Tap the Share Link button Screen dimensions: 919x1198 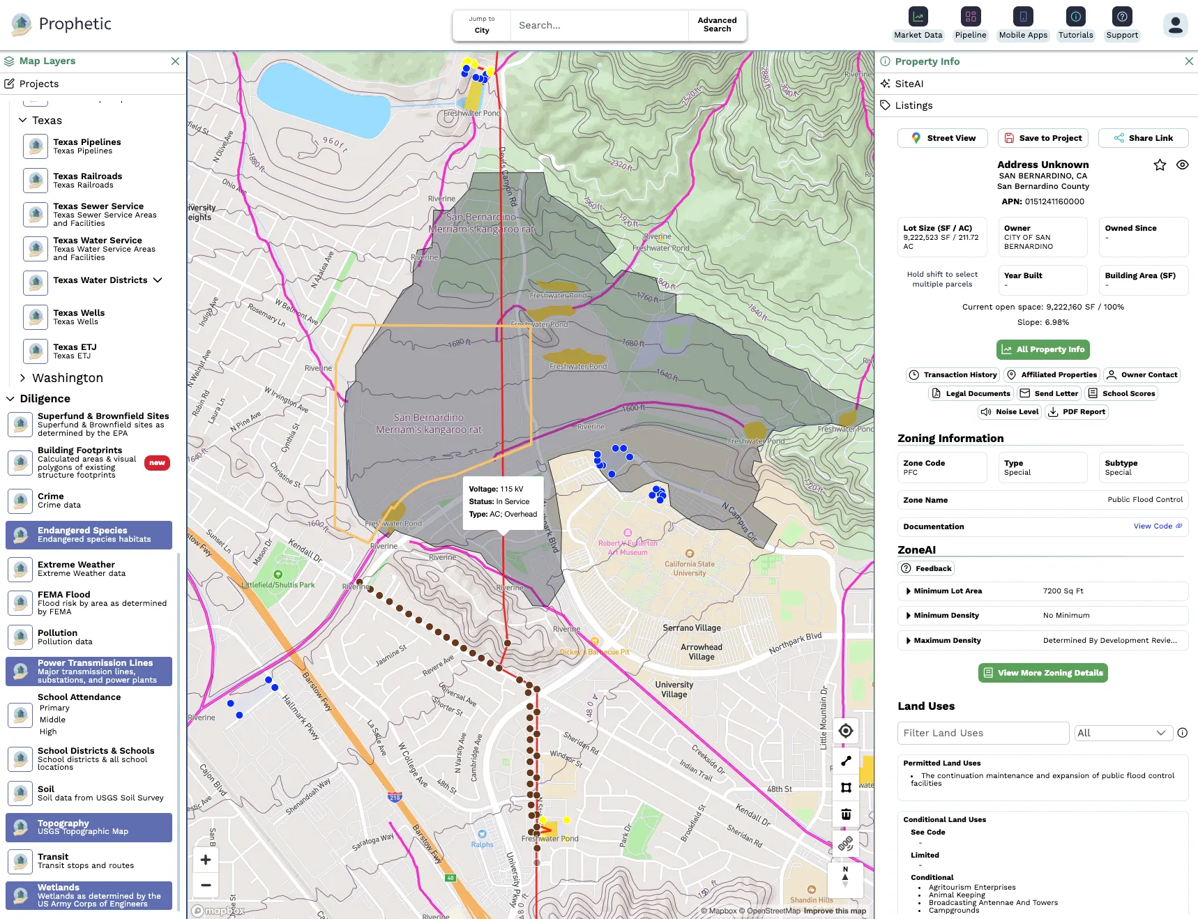(x=1143, y=138)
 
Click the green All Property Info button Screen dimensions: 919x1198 (x=1042, y=349)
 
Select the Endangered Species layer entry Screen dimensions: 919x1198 (x=89, y=535)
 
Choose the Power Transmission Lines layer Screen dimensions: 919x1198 (x=89, y=671)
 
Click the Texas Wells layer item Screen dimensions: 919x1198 (x=79, y=317)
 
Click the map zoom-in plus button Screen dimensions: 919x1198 (x=206, y=860)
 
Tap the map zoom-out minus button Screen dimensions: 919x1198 (x=206, y=886)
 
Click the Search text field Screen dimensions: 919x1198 (x=598, y=25)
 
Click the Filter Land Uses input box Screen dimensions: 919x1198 (x=983, y=733)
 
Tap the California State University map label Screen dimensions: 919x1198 (x=690, y=568)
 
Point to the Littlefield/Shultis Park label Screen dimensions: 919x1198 (x=278, y=585)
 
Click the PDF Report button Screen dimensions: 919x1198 (x=1077, y=412)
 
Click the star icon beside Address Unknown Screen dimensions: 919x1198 (x=1160, y=165)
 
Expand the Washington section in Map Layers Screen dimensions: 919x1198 (x=67, y=378)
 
